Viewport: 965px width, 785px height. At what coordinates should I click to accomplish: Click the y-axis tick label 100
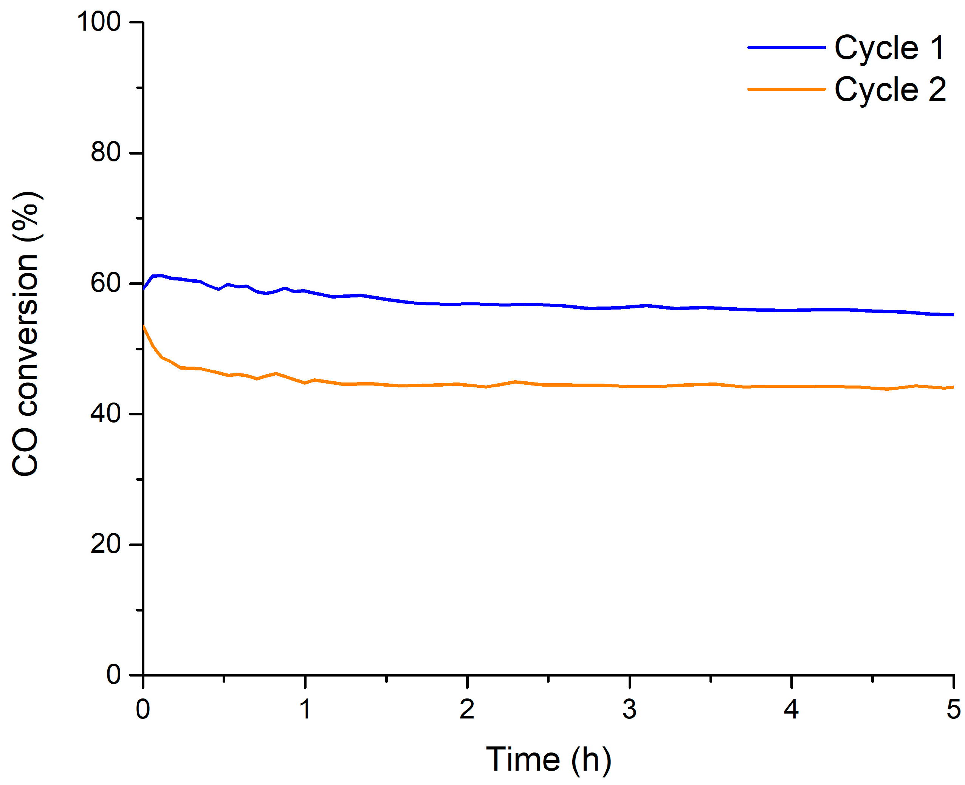tap(99, 21)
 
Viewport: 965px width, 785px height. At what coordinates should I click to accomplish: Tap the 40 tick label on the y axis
tap(106, 413)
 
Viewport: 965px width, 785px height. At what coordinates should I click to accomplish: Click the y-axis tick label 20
tap(106, 544)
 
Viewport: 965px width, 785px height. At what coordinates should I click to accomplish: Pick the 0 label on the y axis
tap(113, 675)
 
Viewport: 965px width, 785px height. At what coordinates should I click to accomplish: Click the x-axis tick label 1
tap(305, 709)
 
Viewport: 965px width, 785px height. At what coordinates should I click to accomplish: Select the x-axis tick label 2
tap(467, 709)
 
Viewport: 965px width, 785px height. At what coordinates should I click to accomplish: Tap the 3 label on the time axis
tap(629, 709)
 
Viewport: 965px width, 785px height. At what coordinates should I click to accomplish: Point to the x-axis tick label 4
tap(792, 709)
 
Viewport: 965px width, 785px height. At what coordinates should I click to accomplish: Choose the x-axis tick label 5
tap(953, 709)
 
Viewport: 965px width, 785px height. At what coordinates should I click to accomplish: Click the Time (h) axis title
tap(548, 759)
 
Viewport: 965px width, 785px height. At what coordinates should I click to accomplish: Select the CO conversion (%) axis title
tap(26, 334)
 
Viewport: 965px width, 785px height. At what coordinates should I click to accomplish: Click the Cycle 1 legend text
tap(889, 48)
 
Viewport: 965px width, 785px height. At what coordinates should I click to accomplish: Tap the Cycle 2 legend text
tap(890, 89)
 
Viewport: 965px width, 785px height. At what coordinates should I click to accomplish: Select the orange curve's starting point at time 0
tap(143, 325)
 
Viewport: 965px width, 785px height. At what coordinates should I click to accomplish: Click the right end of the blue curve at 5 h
tap(953, 315)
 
